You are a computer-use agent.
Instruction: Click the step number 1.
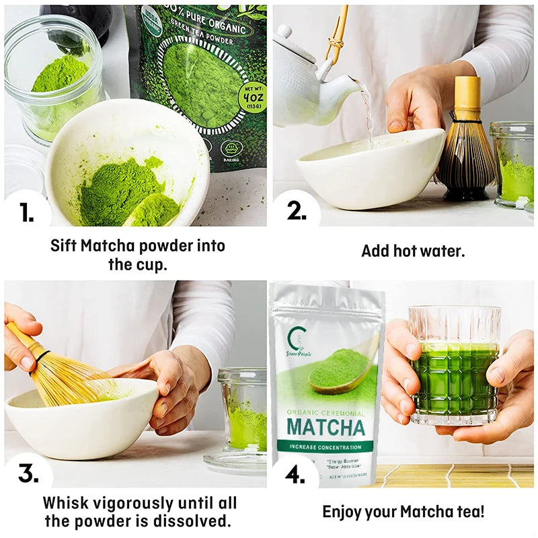26,213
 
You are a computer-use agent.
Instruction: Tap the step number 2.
297,211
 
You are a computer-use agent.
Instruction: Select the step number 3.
28,473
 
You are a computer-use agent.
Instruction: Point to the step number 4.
295,475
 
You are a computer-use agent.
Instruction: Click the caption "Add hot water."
413,251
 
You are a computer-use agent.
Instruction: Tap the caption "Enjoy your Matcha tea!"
403,511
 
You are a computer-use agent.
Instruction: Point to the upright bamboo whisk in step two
466,145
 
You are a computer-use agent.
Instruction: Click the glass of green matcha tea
455,367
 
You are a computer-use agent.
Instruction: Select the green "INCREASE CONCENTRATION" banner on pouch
325,447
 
